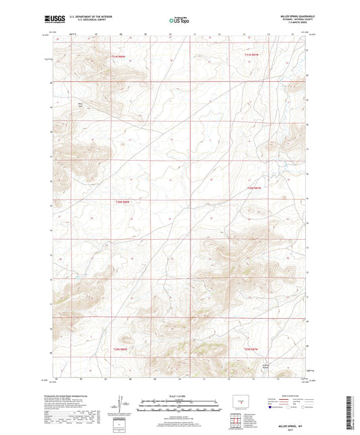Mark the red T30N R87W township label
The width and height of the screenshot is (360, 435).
coord(253,188)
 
